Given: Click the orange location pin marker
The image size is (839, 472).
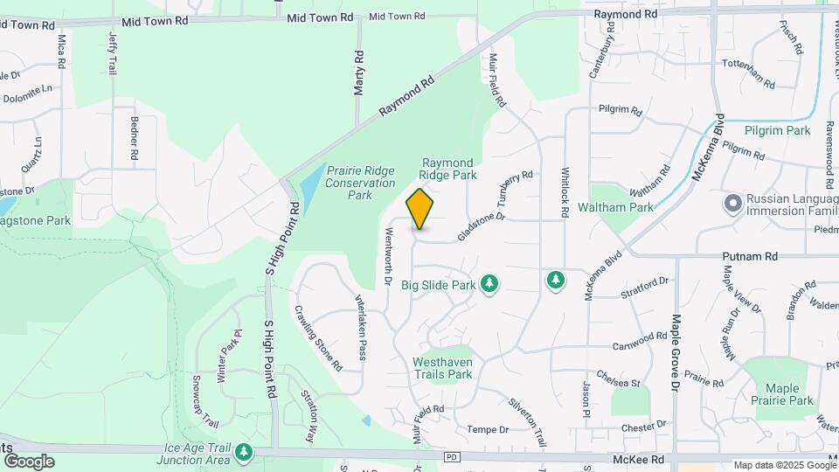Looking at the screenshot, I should (x=420, y=209).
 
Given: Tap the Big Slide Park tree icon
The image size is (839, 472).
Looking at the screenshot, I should (x=490, y=284).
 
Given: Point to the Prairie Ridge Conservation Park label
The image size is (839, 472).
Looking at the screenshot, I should (x=360, y=183).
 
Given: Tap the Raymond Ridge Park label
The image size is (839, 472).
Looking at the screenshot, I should (x=448, y=169).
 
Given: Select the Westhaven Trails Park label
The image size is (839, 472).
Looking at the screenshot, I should (x=442, y=368).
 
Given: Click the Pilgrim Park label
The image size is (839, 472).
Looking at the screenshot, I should (x=778, y=130).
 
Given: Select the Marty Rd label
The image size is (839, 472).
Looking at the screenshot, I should (x=358, y=73).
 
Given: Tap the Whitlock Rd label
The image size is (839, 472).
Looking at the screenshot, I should (x=565, y=192).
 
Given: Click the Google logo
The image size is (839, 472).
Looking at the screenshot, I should (x=28, y=461).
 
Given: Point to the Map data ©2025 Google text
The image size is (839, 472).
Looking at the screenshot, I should (x=784, y=465).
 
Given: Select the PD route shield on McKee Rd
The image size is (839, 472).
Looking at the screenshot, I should (x=451, y=457).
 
